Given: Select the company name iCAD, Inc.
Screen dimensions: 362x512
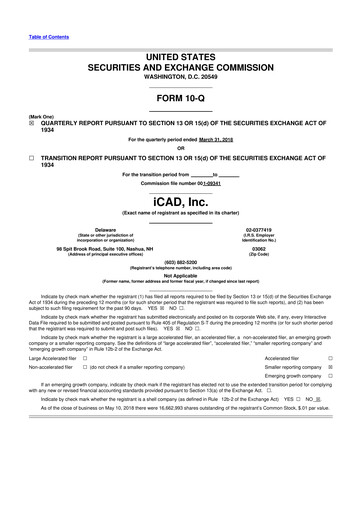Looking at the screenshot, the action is [180, 201].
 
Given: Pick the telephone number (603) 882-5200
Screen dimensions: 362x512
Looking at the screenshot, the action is [180, 263].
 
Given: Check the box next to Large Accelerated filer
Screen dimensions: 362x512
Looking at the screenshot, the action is [84, 357].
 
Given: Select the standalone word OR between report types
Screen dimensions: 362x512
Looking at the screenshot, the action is [180, 148].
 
